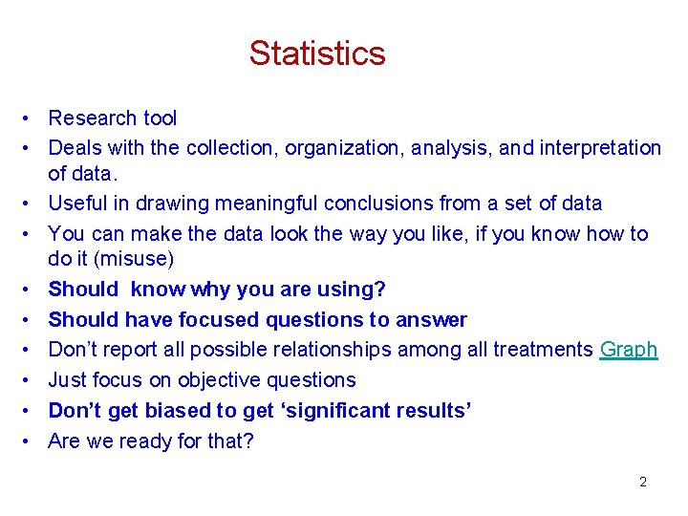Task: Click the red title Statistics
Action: pos(317,53)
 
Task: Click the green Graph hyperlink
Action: pos(629,350)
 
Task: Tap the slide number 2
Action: pos(643,482)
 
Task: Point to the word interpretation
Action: pos(600,148)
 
